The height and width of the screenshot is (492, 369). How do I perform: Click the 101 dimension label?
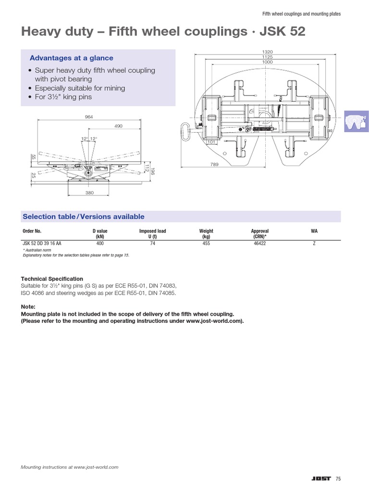coord(210,142)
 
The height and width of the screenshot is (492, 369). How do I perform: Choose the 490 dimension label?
coord(118,126)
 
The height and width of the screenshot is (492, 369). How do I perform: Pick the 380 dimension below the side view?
coord(89,193)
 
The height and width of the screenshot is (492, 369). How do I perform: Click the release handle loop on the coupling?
coord(185,130)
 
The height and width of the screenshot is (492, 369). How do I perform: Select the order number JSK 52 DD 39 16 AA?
coord(42,244)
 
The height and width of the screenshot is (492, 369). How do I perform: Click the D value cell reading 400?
coord(100,244)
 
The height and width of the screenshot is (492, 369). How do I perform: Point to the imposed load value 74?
coord(152,244)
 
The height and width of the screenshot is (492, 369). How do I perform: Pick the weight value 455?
coord(206,244)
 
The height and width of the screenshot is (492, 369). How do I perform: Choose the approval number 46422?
coord(259,244)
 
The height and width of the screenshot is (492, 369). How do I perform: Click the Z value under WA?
coord(314,244)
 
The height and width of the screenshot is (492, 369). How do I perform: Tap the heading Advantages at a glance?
coord(72,58)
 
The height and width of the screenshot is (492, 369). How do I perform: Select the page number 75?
coord(338,479)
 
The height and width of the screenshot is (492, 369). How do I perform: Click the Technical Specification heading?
coord(52,279)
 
